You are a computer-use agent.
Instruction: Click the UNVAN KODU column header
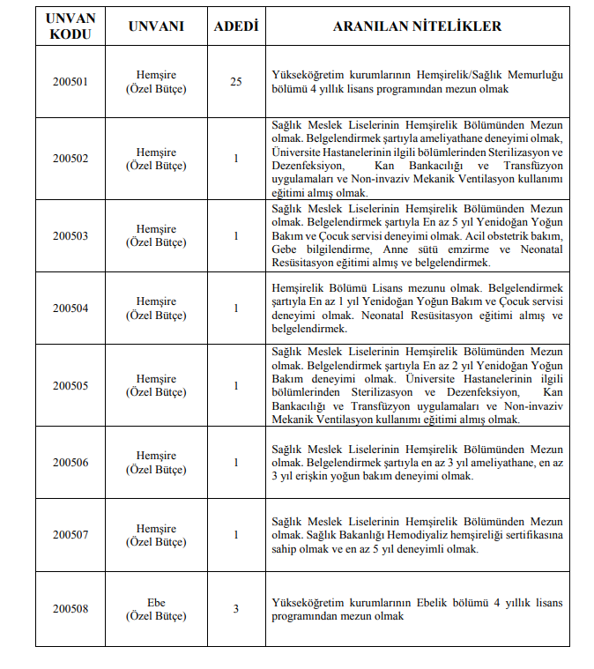[70, 26]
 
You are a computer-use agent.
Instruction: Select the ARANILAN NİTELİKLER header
[417, 26]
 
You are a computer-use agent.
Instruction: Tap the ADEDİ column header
[235, 26]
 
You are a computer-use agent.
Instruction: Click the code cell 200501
[70, 82]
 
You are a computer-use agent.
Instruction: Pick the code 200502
[70, 159]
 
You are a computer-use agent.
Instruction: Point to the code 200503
[70, 235]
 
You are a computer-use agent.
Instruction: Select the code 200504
[70, 308]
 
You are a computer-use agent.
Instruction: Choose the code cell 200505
[70, 385]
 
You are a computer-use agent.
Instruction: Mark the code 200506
[70, 463]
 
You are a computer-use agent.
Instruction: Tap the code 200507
[70, 535]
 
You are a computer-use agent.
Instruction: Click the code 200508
[70, 609]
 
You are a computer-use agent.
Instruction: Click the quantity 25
[235, 82]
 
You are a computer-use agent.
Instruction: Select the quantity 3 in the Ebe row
[235, 609]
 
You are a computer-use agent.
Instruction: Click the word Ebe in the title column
[156, 603]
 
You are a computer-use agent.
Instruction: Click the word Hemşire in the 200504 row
[156, 301]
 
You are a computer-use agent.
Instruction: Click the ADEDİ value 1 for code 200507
[235, 535]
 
